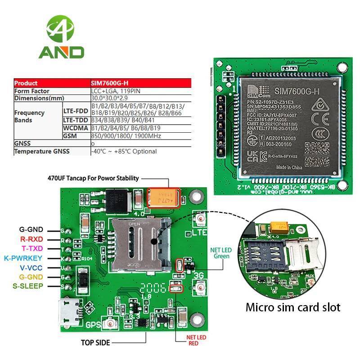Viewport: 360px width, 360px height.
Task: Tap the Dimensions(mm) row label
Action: [x=39, y=98]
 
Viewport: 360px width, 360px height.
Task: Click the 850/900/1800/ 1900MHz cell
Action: [x=120, y=136]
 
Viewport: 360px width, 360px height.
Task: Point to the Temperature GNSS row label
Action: [x=42, y=152]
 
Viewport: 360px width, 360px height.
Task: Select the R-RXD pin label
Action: [x=31, y=239]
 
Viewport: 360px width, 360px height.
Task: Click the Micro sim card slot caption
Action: [x=292, y=308]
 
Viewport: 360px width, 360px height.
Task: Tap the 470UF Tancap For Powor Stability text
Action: [x=93, y=178]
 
